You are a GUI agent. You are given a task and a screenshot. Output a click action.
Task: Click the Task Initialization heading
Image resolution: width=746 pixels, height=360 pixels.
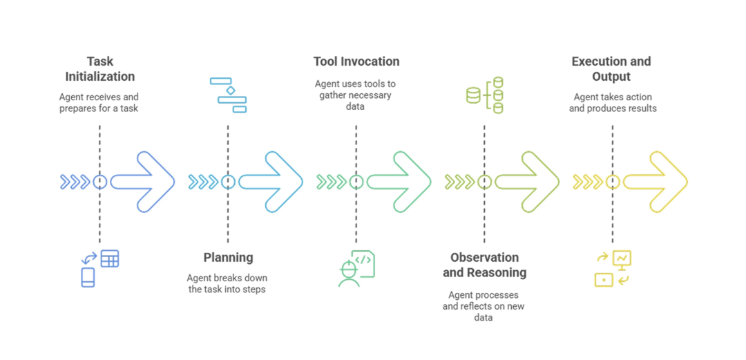coord(99,68)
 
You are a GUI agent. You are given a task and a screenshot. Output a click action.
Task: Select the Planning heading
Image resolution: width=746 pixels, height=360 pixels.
coord(228,258)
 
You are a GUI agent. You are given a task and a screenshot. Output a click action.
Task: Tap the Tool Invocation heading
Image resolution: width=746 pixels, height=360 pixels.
coord(356,61)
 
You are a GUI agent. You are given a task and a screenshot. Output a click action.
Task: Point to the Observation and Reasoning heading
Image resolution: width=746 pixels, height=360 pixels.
coord(484,265)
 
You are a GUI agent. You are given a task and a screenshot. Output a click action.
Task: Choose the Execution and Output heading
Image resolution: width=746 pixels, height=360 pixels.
coord(611,68)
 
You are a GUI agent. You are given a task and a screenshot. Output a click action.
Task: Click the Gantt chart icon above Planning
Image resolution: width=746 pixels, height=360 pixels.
coord(229,95)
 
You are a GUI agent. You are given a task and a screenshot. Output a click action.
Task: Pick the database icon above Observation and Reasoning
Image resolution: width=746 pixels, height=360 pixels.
coord(485,95)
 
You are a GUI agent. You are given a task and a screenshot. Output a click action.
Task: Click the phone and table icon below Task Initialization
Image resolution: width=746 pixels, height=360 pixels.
coord(100,268)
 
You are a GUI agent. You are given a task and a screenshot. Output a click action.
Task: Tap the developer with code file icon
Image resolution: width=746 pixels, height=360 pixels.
coord(356,268)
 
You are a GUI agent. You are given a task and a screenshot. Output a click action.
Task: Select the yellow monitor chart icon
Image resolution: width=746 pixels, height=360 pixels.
coord(613,268)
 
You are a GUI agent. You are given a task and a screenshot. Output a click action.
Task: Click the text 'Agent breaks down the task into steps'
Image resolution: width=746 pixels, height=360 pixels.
coord(227,283)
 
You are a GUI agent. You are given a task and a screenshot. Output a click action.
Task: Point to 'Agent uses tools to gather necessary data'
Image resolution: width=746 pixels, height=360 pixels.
coord(356,95)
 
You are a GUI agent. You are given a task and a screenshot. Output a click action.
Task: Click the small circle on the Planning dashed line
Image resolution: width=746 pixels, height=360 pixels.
coord(228,182)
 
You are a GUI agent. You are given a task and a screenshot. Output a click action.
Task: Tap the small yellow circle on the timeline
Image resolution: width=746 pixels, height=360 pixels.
coord(613,182)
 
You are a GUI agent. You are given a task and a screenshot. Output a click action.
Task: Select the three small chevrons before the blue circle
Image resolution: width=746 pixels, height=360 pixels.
coord(75,182)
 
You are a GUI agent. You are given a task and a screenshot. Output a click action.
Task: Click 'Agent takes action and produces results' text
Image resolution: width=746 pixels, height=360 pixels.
coord(613,102)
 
